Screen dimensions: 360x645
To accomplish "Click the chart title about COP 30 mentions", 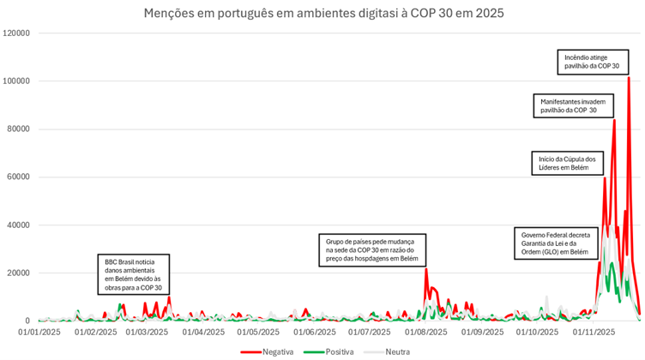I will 322,13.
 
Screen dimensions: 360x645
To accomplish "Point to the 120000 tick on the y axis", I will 17,33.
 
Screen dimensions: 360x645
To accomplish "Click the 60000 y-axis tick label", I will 20,177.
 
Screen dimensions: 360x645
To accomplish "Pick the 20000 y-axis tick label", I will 20,273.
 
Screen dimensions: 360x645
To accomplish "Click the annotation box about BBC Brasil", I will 133,274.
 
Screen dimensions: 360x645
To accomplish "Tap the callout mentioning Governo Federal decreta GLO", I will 555,243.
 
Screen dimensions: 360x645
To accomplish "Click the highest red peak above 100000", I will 629,78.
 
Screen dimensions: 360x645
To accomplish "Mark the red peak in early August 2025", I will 426,269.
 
